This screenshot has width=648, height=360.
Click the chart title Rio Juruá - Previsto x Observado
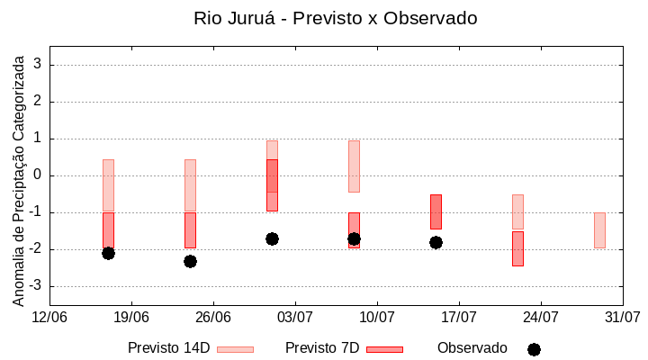[x=335, y=18]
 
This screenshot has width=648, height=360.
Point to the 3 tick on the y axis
[x=39, y=65]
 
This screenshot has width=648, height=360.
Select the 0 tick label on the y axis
[x=39, y=175]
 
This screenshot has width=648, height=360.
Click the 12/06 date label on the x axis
[x=49, y=317]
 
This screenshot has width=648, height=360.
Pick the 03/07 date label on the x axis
[x=294, y=317]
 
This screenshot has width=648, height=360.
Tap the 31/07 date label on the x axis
[x=622, y=317]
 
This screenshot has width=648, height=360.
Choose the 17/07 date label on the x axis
[x=458, y=317]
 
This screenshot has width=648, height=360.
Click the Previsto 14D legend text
[x=168, y=348]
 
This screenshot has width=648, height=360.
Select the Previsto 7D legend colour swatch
[x=384, y=349]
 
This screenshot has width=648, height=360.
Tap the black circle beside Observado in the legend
[x=534, y=349]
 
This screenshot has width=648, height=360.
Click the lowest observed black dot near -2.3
[x=190, y=261]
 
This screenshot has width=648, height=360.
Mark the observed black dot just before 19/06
[x=108, y=253]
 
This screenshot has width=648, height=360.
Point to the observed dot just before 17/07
[x=436, y=242]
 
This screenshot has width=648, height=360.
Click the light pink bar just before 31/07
[x=599, y=229]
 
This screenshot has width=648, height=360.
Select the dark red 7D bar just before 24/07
[x=517, y=248]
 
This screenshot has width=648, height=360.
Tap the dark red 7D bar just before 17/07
[x=436, y=211]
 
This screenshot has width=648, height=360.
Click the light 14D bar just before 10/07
[x=354, y=166]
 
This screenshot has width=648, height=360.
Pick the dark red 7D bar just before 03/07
[x=272, y=185]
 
